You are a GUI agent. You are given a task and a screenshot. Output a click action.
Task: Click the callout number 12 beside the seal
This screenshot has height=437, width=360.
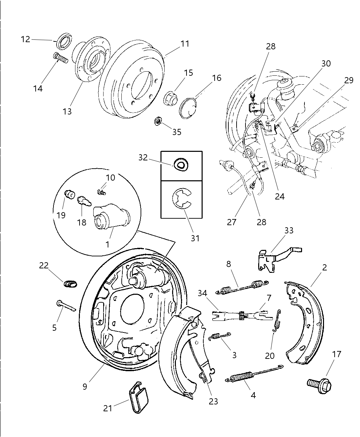[x=25, y=39]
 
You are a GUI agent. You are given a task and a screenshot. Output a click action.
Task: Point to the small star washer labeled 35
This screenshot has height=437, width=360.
[x=158, y=121]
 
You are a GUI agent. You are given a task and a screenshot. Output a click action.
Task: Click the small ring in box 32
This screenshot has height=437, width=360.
[x=181, y=165]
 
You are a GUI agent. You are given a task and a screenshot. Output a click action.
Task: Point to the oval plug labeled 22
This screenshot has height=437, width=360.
[x=70, y=284]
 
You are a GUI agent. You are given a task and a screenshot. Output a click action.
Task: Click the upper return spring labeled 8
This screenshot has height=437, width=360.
[x=242, y=287]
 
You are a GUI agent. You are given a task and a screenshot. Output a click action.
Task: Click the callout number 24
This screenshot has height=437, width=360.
[x=280, y=196]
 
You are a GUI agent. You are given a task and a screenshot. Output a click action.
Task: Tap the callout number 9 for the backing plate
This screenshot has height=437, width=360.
[x=85, y=386]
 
